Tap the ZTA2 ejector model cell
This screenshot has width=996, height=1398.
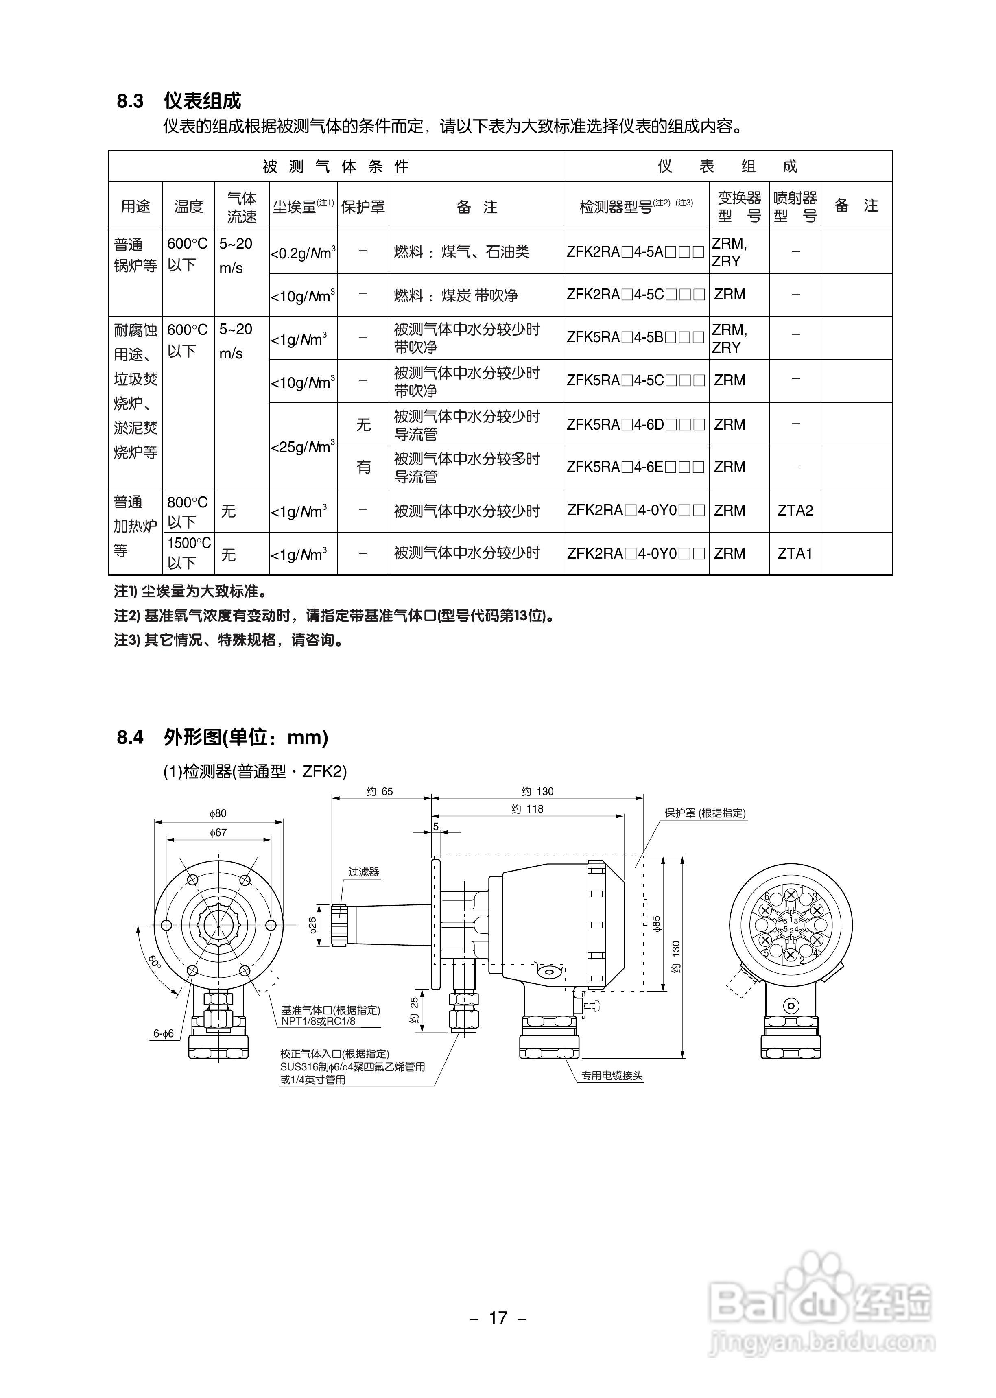tap(795, 510)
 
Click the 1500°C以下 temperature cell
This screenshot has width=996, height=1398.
tap(188, 553)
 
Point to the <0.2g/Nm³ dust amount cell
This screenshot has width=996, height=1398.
tap(303, 252)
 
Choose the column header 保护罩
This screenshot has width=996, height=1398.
tap(363, 207)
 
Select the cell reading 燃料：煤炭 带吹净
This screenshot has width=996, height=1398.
tap(456, 295)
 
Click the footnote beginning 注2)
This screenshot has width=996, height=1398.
tap(334, 616)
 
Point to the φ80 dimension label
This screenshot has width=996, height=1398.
tap(218, 814)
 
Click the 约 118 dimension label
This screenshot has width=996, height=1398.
tap(527, 809)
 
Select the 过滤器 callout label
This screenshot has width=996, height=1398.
tap(364, 872)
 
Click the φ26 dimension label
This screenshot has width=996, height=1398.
tap(312, 925)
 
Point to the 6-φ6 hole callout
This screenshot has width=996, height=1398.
tap(164, 1033)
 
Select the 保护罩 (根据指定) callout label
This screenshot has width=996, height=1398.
tap(705, 813)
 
